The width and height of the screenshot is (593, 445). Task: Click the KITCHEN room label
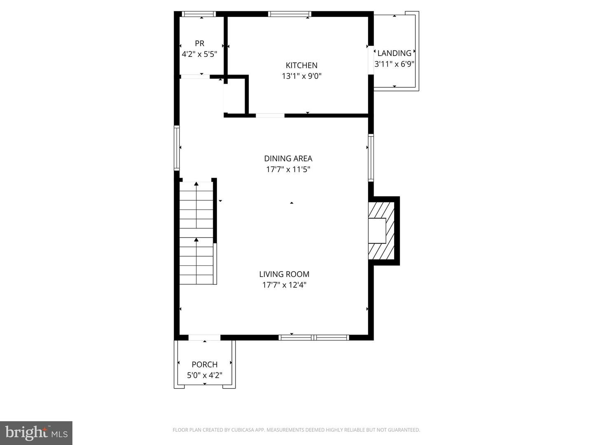click(301, 65)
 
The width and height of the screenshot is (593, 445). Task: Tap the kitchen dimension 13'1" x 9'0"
click(301, 76)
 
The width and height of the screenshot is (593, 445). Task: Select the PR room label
click(199, 43)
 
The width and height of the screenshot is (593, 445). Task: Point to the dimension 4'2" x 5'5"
click(199, 54)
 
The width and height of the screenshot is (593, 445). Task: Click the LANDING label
click(394, 53)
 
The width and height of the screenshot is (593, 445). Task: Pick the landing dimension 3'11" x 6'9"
click(394, 64)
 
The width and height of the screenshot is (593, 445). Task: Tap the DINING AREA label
click(288, 158)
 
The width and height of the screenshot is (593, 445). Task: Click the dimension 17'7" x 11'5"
click(288, 169)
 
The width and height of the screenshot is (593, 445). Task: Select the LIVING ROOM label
click(284, 274)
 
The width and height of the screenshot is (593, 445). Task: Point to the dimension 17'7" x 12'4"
click(284, 285)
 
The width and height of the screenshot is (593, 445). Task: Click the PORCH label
click(205, 364)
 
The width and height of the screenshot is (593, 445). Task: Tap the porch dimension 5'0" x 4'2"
click(205, 375)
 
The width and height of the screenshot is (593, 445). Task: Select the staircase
click(196, 233)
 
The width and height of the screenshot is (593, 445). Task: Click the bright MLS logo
click(36, 433)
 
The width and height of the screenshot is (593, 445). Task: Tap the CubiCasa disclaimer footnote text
click(296, 430)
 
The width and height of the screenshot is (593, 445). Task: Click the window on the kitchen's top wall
click(289, 14)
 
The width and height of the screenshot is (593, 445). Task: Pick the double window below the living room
click(314, 337)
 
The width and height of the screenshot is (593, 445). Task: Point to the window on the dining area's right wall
click(371, 158)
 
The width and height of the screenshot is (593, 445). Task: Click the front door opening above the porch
click(204, 338)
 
